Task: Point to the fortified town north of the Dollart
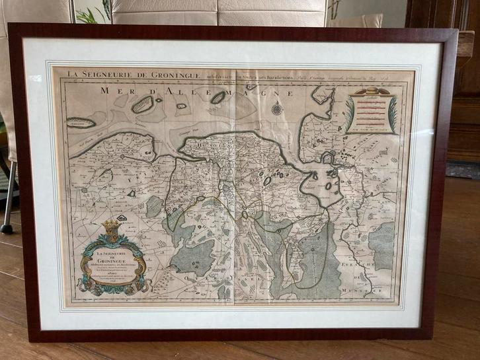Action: tap(329, 158)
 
